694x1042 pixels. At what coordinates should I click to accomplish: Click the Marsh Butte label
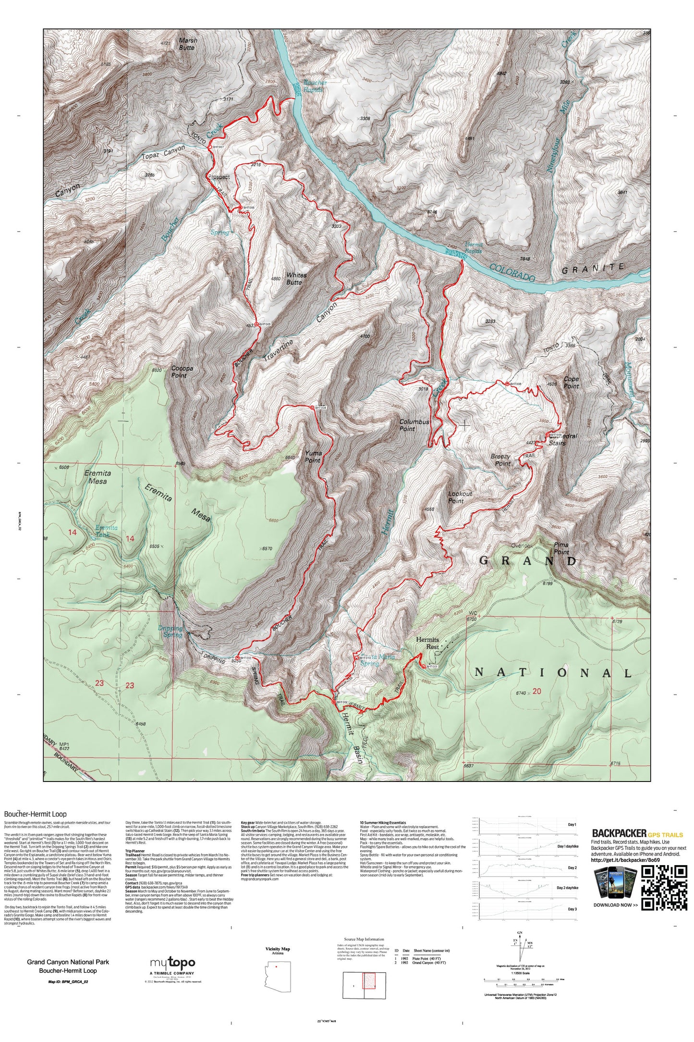187,44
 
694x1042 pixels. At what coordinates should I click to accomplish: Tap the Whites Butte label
296,279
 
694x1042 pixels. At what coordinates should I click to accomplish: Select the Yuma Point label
313,457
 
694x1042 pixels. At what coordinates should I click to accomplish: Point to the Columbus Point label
414,425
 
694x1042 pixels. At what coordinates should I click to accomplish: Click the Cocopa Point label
182,372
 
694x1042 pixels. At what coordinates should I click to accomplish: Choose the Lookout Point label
460,497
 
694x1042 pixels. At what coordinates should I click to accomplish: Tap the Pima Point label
561,548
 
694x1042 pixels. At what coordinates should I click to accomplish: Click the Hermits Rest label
427,643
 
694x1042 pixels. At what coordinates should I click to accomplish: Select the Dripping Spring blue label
171,632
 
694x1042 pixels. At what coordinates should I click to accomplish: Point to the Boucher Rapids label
315,86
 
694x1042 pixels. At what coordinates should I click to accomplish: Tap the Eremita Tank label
106,531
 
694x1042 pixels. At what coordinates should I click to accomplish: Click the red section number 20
536,691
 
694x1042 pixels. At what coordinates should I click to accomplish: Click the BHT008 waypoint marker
507,384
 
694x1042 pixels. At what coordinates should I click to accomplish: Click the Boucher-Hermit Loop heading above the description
36,814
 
